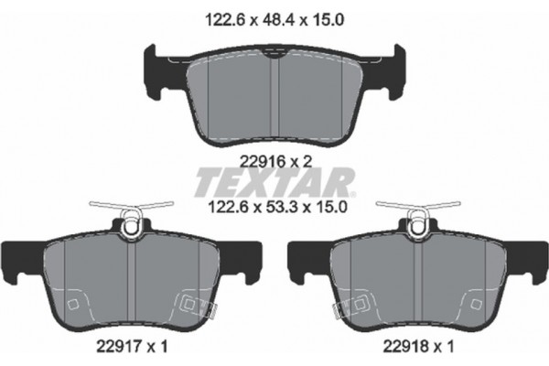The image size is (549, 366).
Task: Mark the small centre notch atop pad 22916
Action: pyautogui.click(x=272, y=56)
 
